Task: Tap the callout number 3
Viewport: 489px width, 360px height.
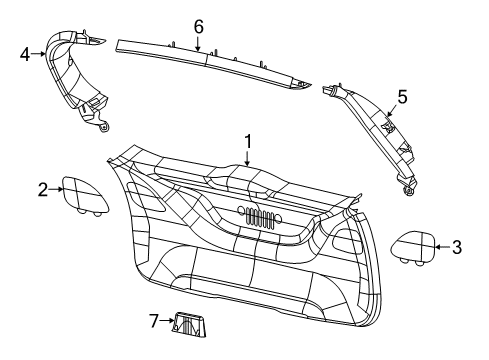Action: coord(457,247)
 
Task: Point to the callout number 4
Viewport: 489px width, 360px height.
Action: coord(24,55)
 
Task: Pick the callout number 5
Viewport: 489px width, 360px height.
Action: coord(402,97)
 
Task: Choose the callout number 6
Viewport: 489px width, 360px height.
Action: coord(198,24)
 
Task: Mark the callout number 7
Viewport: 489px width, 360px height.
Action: coord(153,321)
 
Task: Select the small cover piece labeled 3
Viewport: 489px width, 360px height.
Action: coord(411,245)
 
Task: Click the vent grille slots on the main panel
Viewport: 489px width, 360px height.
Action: coord(258,218)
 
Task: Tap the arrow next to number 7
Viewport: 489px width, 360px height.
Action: coord(166,321)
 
